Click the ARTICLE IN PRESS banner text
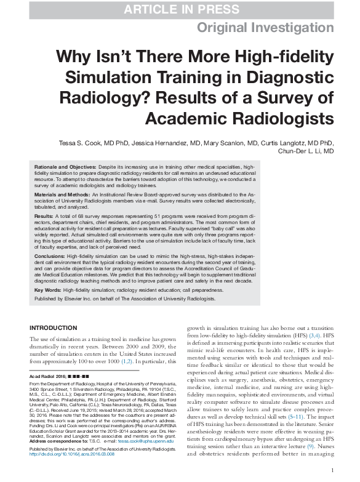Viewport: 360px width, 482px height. (180, 9)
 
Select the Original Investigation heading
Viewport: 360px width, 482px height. (266, 28)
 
